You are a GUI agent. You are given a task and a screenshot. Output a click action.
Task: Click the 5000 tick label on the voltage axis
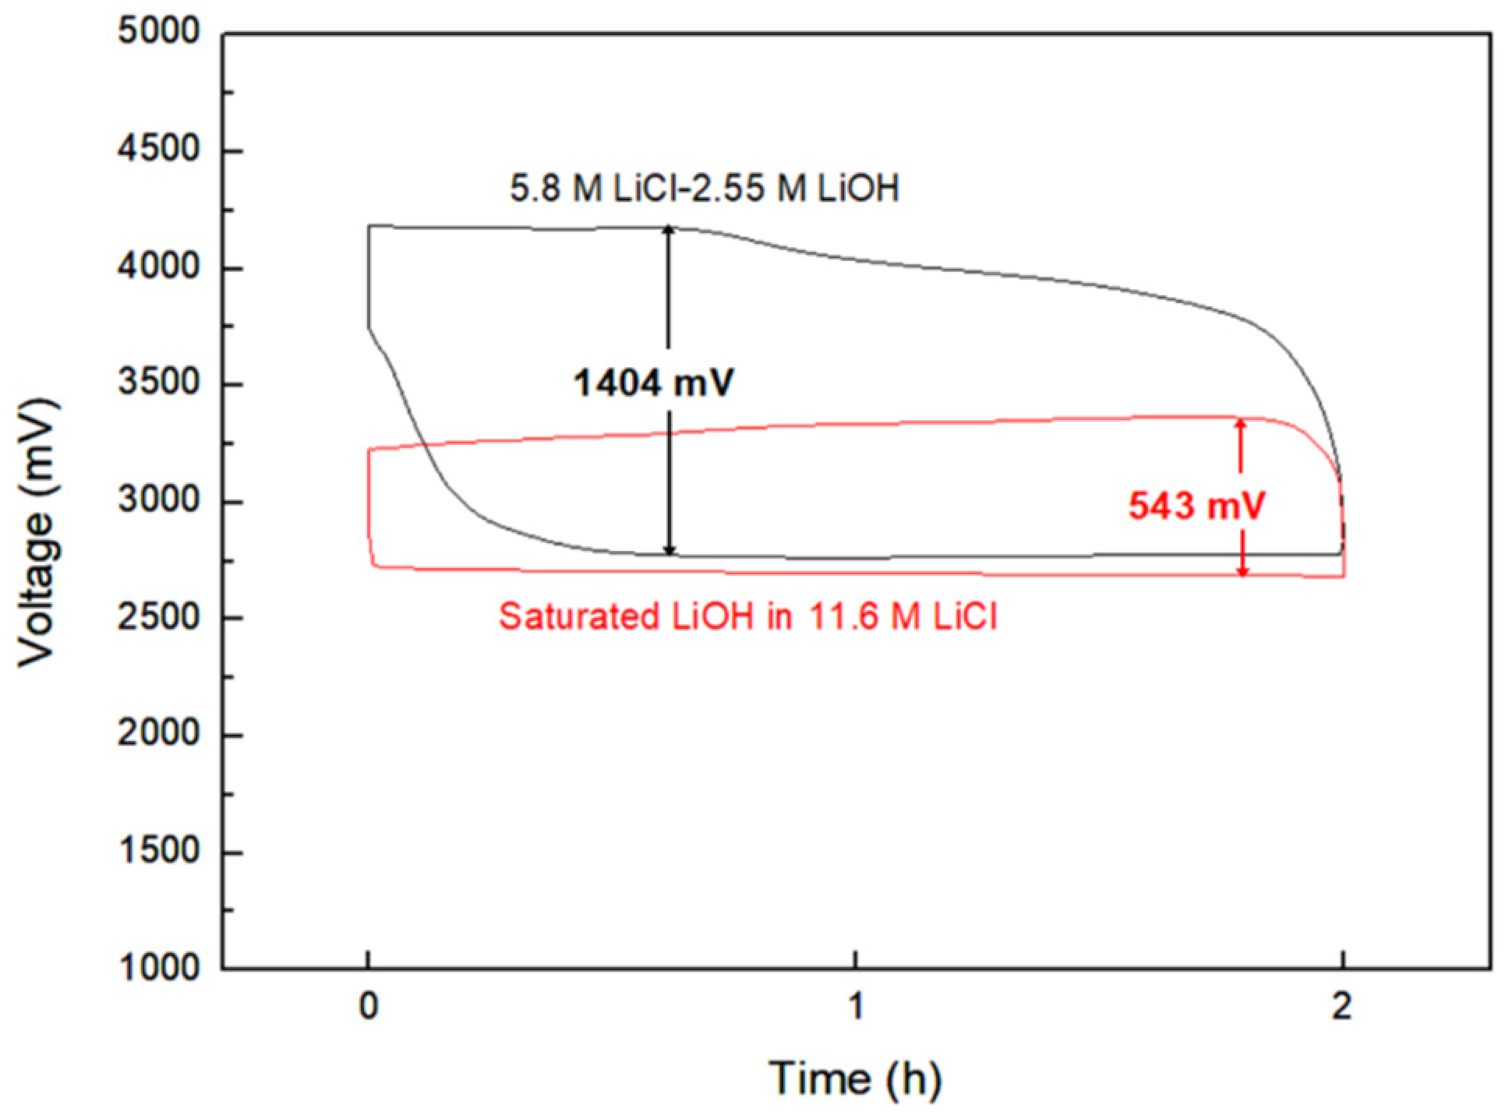click(158, 32)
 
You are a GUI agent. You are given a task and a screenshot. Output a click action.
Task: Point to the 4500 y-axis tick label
click(158, 149)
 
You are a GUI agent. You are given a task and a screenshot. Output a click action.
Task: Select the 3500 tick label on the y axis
click(158, 383)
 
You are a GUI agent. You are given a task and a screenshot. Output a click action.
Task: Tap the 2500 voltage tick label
click(158, 618)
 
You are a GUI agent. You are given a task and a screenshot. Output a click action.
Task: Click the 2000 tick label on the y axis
click(158, 734)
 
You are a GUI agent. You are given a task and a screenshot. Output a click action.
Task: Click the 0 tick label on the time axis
click(369, 1007)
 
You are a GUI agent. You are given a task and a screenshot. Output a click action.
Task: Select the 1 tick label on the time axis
click(856, 1007)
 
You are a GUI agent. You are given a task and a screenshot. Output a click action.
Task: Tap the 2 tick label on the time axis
click(1341, 1007)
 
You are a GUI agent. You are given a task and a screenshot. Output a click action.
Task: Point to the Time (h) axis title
click(855, 1079)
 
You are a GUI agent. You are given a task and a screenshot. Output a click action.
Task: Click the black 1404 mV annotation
click(653, 383)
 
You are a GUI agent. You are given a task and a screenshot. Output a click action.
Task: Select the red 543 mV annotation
click(1196, 506)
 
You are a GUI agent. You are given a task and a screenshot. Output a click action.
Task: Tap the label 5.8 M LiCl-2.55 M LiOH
click(704, 189)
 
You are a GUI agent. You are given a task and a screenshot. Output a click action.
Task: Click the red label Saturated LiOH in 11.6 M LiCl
click(747, 617)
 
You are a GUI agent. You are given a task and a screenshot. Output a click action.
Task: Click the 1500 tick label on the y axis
click(158, 851)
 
